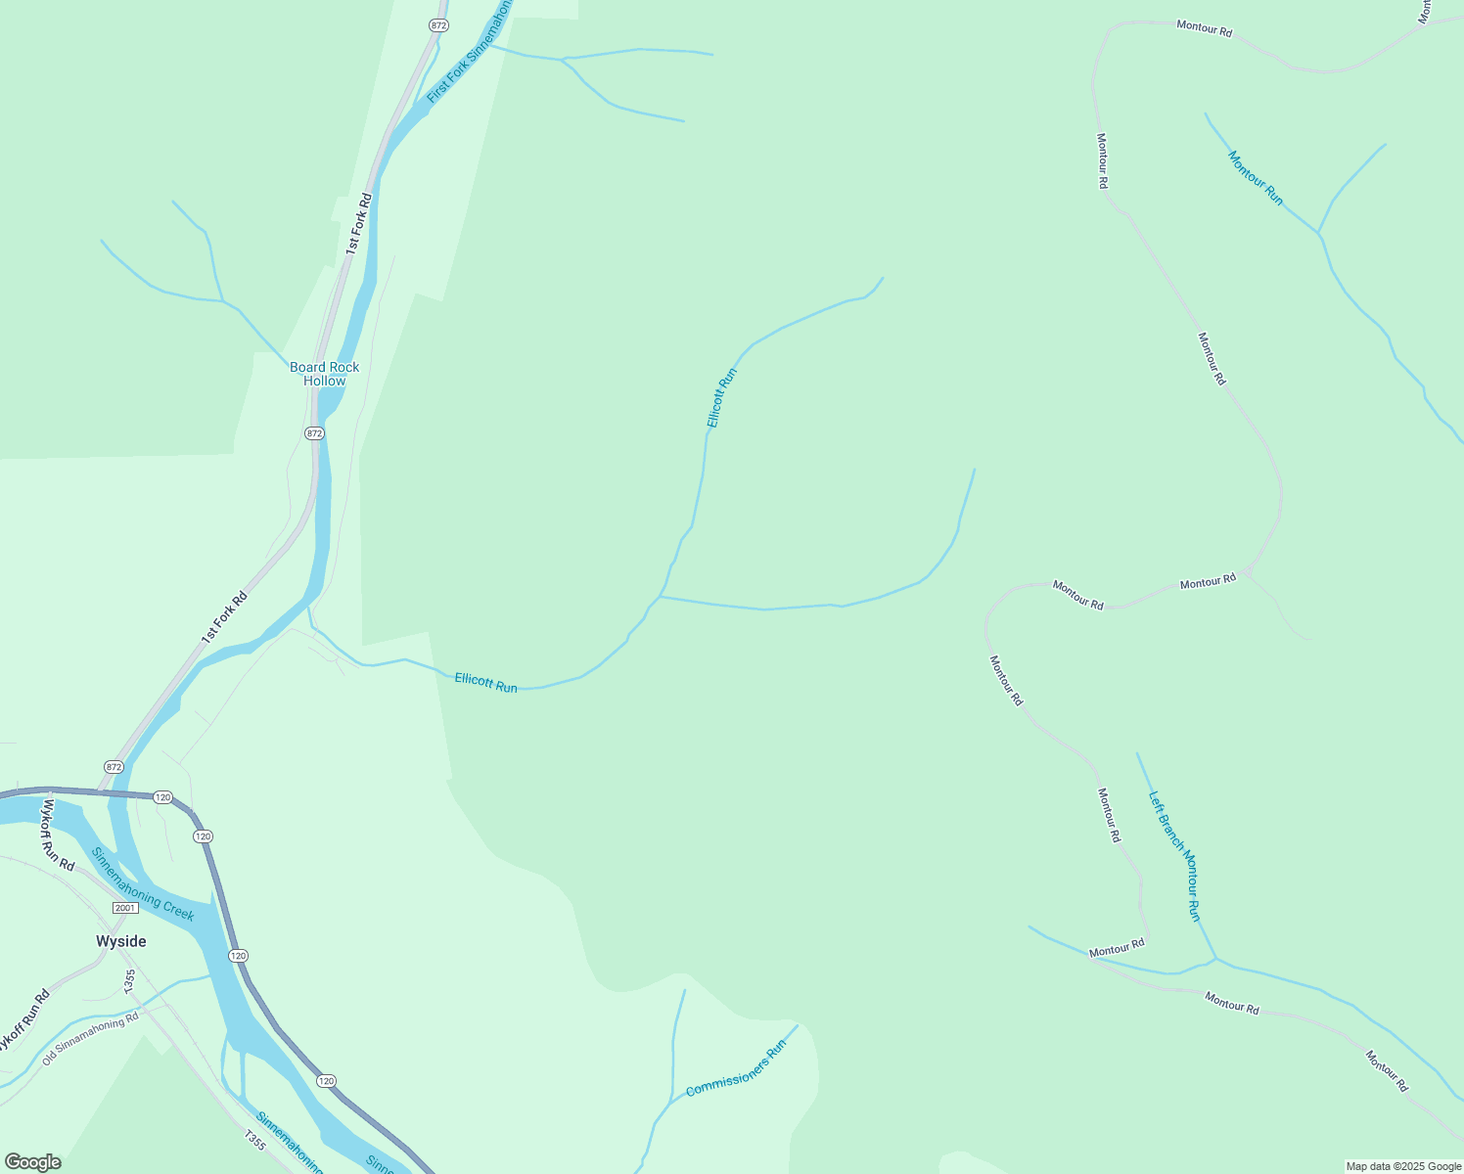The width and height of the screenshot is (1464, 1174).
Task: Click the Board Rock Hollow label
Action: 324,374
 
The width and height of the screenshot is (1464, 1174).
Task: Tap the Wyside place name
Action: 121,941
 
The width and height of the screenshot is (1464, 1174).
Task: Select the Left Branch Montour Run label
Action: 1173,855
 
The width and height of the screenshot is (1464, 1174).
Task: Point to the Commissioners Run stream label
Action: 736,1068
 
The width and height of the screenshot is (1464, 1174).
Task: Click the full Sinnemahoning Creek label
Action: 143,883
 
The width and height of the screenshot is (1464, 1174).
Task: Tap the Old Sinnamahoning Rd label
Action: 91,1039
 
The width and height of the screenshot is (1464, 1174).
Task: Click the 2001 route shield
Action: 124,908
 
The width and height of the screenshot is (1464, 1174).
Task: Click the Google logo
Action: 32,1162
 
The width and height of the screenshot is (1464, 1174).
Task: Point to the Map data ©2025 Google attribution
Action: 1403,1166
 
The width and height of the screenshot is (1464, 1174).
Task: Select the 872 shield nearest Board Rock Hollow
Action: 313,432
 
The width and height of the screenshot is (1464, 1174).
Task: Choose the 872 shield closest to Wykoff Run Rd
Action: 114,767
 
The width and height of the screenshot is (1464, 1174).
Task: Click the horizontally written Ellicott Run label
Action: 485,682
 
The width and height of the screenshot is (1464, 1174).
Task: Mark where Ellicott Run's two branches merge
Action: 661,596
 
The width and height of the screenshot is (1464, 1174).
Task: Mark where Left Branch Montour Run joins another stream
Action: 1215,959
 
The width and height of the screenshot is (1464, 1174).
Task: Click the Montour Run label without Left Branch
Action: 1255,177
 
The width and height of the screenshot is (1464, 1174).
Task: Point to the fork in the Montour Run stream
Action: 1318,234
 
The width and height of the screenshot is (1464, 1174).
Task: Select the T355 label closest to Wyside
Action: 130,978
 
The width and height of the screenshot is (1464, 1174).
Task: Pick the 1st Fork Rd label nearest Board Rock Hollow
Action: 359,224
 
